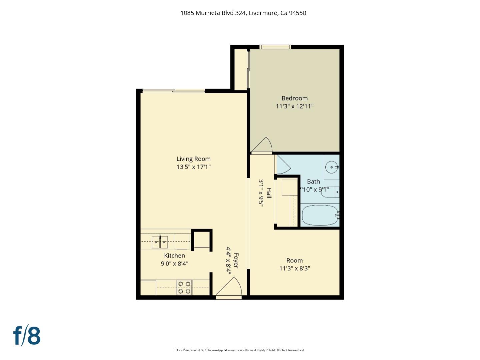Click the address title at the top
point(243,13)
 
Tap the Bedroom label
point(294,98)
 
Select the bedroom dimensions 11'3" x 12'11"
point(294,106)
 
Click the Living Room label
point(193,159)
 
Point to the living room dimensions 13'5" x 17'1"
point(193,167)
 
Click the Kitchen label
point(174,256)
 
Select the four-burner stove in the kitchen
point(184,288)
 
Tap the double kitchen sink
point(160,242)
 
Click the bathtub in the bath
point(320,215)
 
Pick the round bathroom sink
point(332,167)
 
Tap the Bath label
point(313,182)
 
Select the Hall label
point(269,193)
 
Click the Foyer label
point(236,260)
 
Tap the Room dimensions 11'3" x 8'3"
point(294,268)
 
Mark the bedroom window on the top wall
point(275,47)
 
